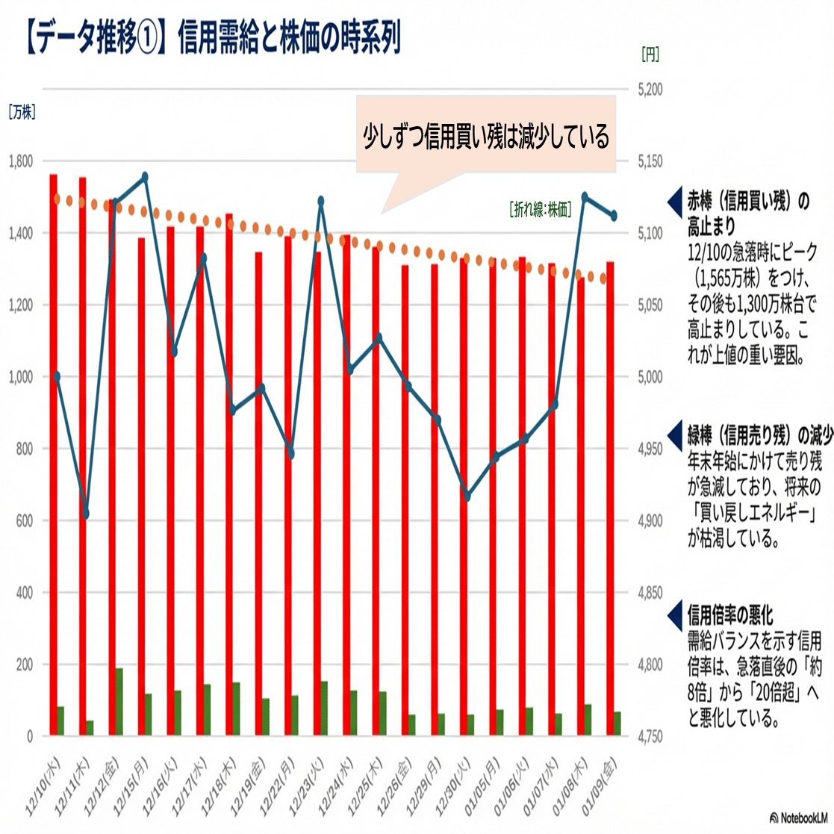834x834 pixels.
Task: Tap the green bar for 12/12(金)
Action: click(x=119, y=701)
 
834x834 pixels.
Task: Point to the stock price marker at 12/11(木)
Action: click(x=85, y=514)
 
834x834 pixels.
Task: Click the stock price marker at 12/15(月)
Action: click(x=145, y=177)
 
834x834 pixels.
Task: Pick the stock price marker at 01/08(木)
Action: click(x=585, y=197)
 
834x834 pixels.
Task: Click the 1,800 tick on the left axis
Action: click(x=20, y=161)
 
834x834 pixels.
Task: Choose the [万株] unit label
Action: click(x=22, y=113)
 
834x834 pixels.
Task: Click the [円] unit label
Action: click(x=650, y=54)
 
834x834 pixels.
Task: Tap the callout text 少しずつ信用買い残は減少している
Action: click(x=486, y=137)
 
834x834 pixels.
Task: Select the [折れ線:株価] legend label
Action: click(x=540, y=210)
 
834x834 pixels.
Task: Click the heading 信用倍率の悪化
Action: click(x=730, y=616)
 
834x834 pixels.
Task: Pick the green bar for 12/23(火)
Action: click(x=324, y=708)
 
